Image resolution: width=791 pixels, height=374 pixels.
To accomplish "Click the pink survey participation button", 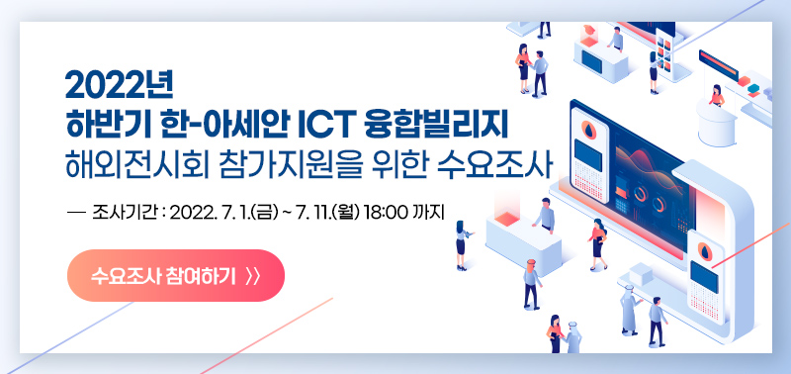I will (x=175, y=274).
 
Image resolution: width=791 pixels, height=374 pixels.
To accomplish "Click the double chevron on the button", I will (x=251, y=275).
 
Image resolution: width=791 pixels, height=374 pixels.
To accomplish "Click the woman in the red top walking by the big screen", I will (x=596, y=242).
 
